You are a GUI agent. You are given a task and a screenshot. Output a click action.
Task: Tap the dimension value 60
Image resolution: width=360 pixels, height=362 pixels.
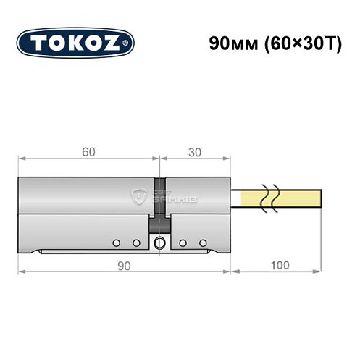(x=88, y=153)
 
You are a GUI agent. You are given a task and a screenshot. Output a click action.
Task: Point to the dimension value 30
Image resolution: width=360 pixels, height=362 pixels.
(x=193, y=153)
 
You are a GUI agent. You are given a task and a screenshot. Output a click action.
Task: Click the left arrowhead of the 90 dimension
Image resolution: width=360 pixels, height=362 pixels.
(x=22, y=274)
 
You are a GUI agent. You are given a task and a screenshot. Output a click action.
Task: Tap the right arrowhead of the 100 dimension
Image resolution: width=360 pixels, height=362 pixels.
(x=320, y=274)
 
